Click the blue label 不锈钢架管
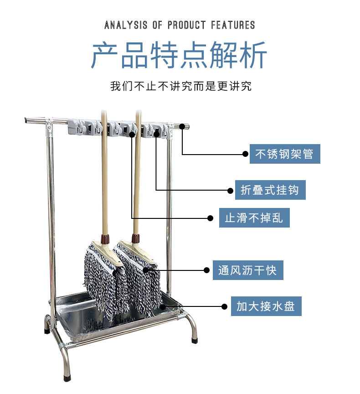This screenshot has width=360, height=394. [285, 154]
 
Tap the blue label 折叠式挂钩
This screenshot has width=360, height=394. [270, 190]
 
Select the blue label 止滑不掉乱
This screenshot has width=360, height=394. [254, 218]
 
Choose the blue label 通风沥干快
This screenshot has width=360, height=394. [248, 270]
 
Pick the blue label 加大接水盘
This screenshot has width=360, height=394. [266, 306]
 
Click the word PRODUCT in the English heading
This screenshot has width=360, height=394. [187, 25]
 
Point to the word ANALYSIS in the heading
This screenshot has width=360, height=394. [126, 25]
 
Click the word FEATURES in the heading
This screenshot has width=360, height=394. [233, 25]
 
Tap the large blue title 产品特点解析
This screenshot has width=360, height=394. [179, 55]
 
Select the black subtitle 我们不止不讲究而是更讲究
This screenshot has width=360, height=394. [181, 86]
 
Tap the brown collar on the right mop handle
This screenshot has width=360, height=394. [135, 238]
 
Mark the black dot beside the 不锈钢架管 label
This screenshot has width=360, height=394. [245, 154]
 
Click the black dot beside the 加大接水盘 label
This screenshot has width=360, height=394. [225, 306]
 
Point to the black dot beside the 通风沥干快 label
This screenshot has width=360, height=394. [206, 270]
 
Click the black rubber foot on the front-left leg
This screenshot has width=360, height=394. [67, 378]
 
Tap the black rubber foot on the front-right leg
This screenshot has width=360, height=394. [194, 341]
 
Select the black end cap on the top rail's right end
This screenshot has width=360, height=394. [186, 126]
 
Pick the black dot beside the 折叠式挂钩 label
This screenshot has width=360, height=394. [230, 191]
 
